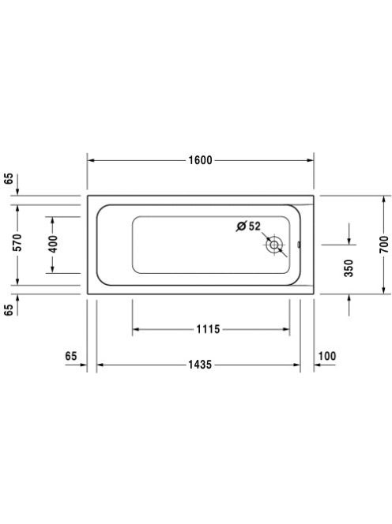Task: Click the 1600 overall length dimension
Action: coord(200,160)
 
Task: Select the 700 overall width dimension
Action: coord(384,245)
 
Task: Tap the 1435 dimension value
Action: coord(200,365)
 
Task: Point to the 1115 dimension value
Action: coord(208,329)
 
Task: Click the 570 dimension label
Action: coord(17,242)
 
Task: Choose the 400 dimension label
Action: coord(53,244)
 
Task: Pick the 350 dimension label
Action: coord(349,268)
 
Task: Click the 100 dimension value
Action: coord(327,356)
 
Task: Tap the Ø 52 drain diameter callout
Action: coord(248,226)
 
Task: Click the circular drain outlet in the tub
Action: coord(274,245)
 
